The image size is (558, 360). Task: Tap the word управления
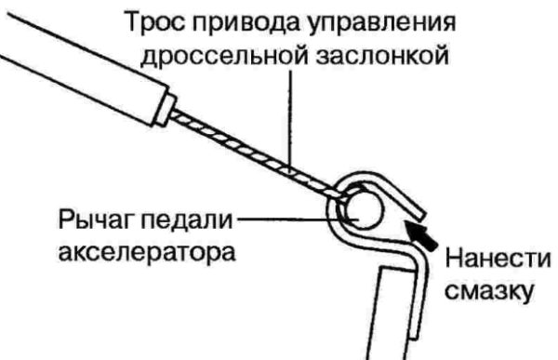click(x=381, y=24)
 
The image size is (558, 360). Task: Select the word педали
click(x=187, y=220)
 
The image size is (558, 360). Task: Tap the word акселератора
click(x=147, y=253)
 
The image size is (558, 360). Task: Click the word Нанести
click(x=498, y=259)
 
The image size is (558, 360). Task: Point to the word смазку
click(x=490, y=291)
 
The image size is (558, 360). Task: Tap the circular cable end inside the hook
click(x=364, y=209)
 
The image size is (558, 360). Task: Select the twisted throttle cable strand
click(x=257, y=155)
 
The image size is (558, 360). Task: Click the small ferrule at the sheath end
click(x=166, y=110)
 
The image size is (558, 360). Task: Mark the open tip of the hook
click(x=420, y=215)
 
